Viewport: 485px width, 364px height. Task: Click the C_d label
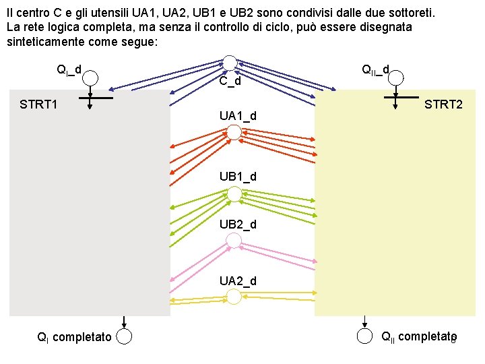coord(230,82)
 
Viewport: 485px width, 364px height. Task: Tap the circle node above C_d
coord(230,63)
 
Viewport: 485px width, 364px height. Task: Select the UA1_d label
coord(238,116)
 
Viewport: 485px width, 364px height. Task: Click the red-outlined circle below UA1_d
coord(233,133)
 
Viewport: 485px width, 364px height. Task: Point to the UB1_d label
coord(238,177)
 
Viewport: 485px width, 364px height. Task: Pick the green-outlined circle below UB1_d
coord(234,194)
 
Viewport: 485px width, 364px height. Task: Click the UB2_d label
coord(238,224)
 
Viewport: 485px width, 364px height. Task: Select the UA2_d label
coord(238,280)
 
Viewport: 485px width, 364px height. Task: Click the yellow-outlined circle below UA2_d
coord(234,297)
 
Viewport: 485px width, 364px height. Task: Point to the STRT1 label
coord(38,104)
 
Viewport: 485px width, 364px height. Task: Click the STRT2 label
coord(443,104)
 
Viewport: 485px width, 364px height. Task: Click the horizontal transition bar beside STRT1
coord(90,98)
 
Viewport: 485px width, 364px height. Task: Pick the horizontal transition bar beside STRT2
coord(398,98)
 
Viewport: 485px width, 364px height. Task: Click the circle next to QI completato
coord(124,336)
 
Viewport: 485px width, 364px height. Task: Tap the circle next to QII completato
coord(364,336)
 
